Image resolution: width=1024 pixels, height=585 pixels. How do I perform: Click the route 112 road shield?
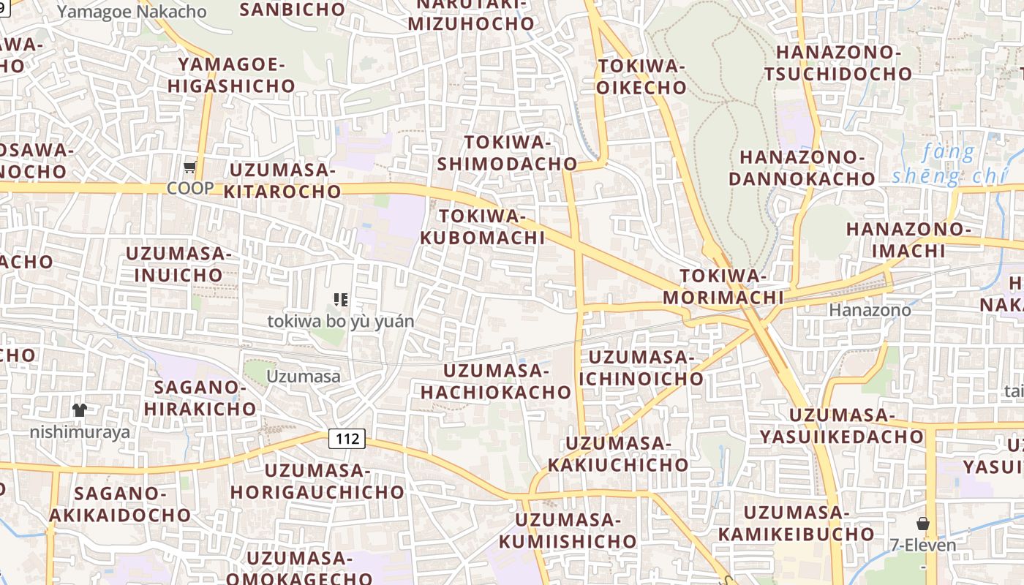coord(347,439)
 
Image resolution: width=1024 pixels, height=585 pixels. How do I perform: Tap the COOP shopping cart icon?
coord(190,167)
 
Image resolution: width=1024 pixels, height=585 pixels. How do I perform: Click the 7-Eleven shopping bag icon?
coord(923,524)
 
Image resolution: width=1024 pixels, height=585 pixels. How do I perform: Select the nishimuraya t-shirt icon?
coord(80,410)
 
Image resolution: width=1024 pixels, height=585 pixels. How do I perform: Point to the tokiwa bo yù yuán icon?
coord(340,300)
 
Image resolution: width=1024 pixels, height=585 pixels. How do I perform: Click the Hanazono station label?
coord(870,310)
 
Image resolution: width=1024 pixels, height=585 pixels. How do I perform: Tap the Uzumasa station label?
coord(304,377)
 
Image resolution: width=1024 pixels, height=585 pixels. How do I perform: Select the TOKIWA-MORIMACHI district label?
coord(723,287)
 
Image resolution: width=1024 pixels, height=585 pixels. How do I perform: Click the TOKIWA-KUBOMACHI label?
coord(483,227)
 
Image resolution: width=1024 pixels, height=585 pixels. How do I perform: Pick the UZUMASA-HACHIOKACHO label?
coord(496,381)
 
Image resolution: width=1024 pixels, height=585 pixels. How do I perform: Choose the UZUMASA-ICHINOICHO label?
coord(641,368)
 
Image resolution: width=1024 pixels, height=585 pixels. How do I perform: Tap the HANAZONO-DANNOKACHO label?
coord(807,167)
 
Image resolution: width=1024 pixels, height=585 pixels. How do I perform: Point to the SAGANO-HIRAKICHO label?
coord(200,398)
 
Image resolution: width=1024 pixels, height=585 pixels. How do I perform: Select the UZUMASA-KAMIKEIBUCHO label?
coord(796,523)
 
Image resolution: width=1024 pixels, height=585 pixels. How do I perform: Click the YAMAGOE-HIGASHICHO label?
coord(231,75)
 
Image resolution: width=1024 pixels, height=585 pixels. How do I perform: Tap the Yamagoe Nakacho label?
coord(132,12)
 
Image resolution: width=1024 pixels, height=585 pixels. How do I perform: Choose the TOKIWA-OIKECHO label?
coord(642,77)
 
